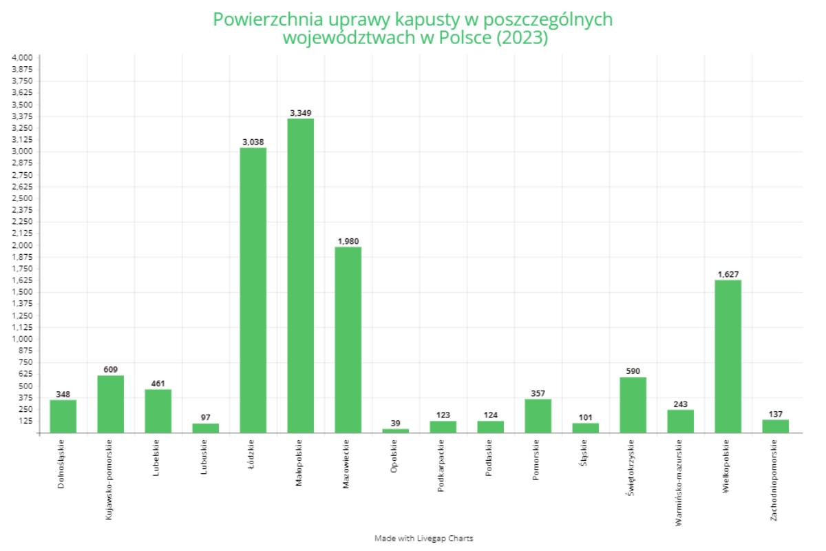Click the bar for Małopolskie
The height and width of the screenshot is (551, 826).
pos(300,275)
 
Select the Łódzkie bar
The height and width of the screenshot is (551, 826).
pos(253,290)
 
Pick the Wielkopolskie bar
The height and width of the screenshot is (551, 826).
pos(728,356)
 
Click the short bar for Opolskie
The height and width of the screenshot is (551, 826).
pos(395,430)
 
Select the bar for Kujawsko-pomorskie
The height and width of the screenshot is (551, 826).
pos(110,404)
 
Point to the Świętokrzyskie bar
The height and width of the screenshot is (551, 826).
pos(633,404)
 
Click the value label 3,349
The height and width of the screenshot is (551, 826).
pos(300,112)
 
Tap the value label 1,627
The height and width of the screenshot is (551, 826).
pos(728,274)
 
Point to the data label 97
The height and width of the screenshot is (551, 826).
pos(205,417)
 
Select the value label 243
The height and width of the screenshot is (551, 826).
pos(680,404)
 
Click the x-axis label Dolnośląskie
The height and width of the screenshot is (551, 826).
pos(63,464)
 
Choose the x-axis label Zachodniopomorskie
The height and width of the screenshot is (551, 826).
pos(775,480)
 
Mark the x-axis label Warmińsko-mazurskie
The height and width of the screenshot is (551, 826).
pos(680,482)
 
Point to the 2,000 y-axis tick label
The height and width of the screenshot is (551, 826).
pos(22,245)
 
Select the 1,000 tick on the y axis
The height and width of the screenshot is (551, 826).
pos(22,339)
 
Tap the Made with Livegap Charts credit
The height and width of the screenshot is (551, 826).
pos(423,538)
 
